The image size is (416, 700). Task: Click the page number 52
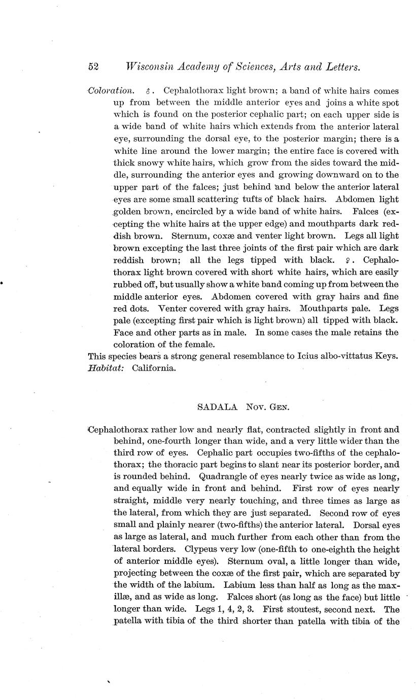(93, 67)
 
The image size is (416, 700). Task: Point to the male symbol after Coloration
(148, 92)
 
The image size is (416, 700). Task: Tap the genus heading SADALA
(214, 407)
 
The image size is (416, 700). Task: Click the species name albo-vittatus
(338, 356)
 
